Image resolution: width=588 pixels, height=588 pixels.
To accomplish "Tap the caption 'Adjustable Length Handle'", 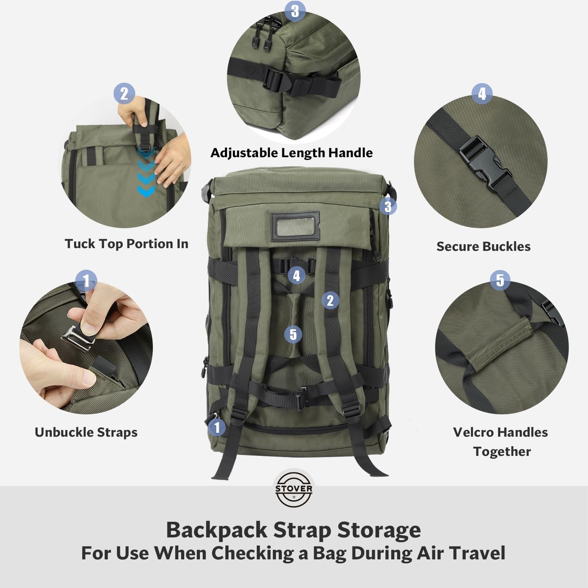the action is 292,153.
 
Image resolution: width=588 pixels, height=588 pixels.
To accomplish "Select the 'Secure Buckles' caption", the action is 483,246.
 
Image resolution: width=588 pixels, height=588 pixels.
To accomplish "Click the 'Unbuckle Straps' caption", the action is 86,432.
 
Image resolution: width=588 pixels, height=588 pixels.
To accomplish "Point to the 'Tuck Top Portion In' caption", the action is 127,244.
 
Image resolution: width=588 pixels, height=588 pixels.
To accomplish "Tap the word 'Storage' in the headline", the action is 379,530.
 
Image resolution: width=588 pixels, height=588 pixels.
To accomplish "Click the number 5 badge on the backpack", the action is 293,334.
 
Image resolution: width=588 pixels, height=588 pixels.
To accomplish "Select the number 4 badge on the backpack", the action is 297,275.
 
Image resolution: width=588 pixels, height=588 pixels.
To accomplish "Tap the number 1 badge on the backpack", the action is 217,427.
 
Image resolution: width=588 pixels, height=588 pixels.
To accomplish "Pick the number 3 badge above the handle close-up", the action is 295,11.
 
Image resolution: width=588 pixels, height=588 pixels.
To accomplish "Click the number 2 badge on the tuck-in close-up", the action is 124,93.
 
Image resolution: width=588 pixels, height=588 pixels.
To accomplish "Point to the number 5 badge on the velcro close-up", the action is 500,280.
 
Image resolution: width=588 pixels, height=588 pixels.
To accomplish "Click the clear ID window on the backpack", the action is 295,226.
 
